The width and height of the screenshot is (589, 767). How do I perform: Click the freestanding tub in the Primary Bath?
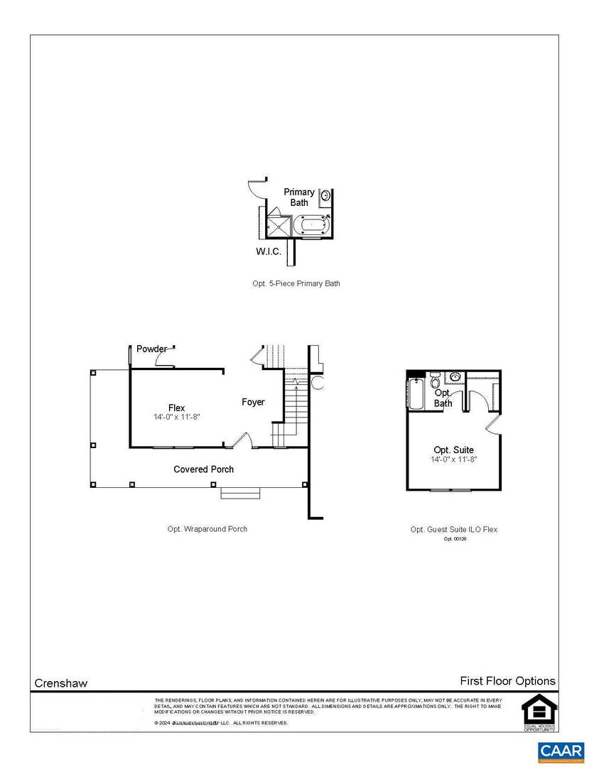click(x=313, y=226)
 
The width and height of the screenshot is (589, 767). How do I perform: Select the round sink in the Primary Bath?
click(x=326, y=195)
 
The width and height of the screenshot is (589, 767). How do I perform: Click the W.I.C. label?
click(x=269, y=251)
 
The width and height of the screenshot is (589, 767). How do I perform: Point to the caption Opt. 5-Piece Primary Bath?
click(x=296, y=283)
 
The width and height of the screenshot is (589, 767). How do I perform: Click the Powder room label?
click(x=151, y=349)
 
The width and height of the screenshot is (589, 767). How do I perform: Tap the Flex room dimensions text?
click(x=176, y=417)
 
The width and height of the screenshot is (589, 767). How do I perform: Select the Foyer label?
click(x=253, y=402)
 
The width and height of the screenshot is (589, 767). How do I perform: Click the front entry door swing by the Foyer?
click(x=243, y=440)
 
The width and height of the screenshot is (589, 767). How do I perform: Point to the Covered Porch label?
click(x=204, y=469)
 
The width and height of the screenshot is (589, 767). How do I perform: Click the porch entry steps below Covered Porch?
click(x=242, y=492)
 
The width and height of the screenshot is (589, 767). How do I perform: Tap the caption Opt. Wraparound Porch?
click(x=203, y=529)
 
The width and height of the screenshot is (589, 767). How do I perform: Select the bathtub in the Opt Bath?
click(x=416, y=395)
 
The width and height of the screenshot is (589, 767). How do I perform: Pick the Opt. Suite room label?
click(x=453, y=450)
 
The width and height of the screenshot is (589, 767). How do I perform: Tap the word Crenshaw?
click(x=61, y=683)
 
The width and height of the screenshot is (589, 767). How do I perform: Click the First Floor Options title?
click(x=507, y=681)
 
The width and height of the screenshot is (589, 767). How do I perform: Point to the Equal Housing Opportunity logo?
click(x=539, y=711)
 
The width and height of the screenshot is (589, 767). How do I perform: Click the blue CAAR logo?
click(x=561, y=751)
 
